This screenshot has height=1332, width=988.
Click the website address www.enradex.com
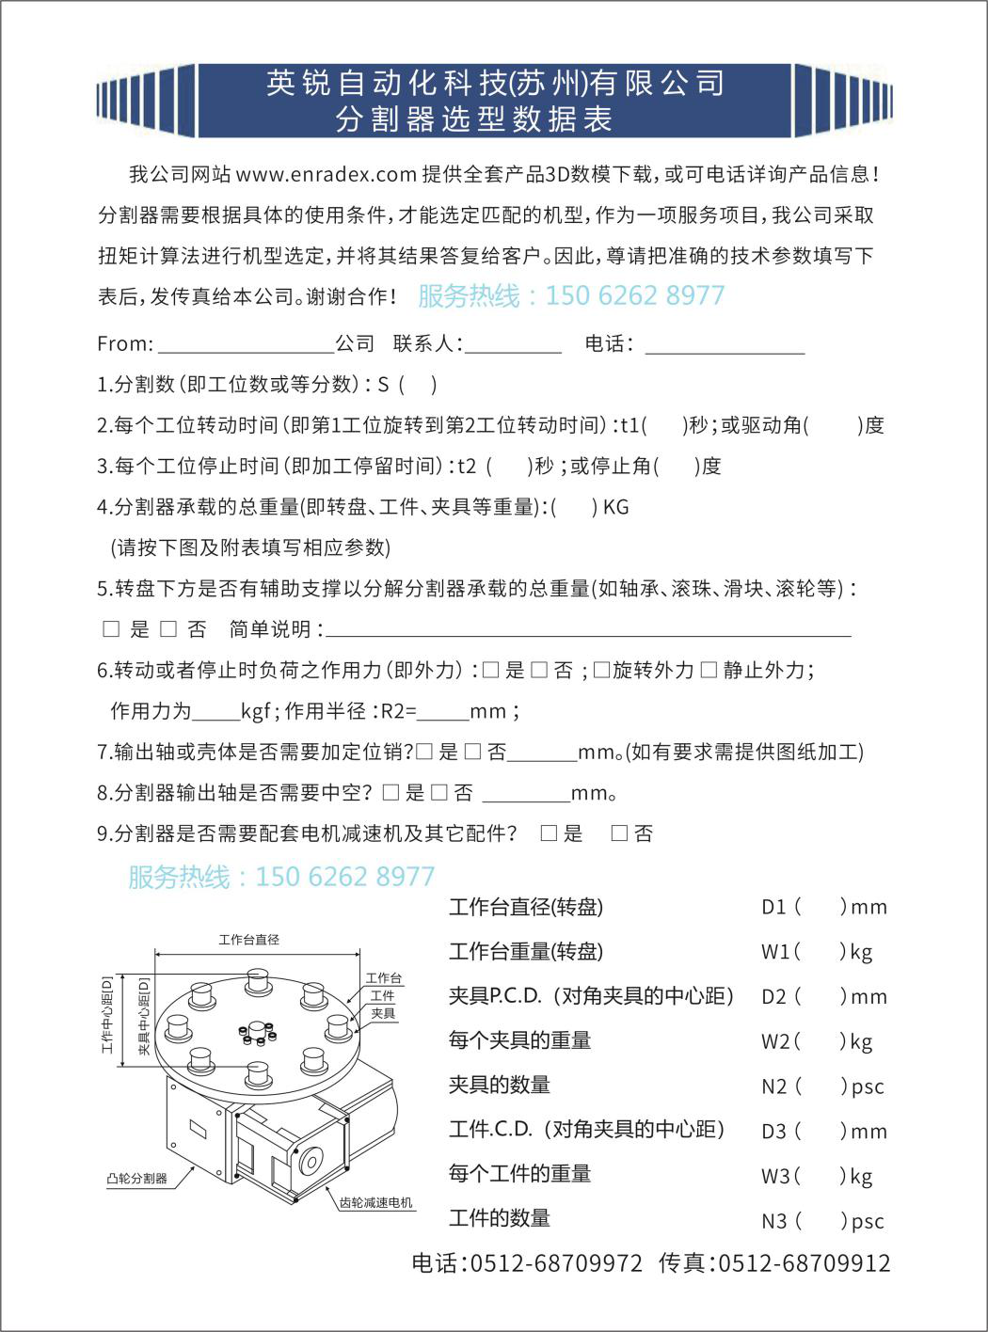tap(326, 175)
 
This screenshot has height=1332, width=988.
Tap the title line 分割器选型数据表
tap(474, 119)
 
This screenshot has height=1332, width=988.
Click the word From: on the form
tap(124, 344)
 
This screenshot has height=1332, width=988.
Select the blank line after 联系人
tap(513, 345)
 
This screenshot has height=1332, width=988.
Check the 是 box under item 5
tap(112, 629)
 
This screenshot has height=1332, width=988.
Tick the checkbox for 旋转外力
tap(602, 670)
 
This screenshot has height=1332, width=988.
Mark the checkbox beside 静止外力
tap(709, 670)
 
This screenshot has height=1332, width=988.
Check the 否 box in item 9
tap(619, 833)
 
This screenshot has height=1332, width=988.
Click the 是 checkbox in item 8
tap(391, 793)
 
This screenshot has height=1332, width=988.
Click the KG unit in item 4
tap(615, 508)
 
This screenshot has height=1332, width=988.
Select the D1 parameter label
tap(773, 908)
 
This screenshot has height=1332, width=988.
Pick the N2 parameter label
tap(773, 1086)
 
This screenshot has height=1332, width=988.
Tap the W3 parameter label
tap(775, 1176)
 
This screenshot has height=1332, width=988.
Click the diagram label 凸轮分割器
tap(136, 1178)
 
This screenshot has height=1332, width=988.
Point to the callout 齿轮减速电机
tap(375, 1203)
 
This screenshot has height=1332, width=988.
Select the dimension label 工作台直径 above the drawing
tap(248, 940)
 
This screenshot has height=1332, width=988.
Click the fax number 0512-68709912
tap(804, 1263)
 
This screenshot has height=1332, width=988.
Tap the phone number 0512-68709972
tap(556, 1263)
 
